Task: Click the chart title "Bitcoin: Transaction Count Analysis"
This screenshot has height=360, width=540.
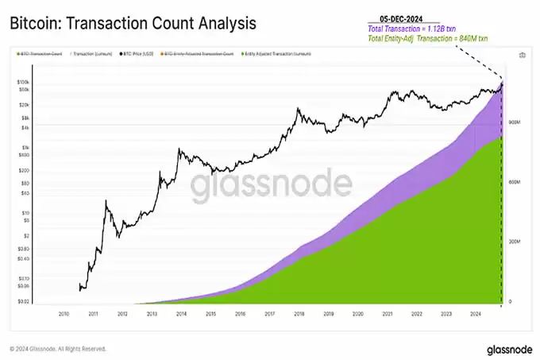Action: click(x=132, y=23)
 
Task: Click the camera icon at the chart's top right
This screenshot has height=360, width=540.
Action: click(x=522, y=55)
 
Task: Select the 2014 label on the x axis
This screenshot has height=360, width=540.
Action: click(x=181, y=313)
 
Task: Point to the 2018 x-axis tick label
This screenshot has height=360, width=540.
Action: click(x=299, y=313)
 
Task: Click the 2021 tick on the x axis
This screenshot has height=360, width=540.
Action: click(x=387, y=313)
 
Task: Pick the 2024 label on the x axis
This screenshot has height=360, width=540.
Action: click(x=474, y=313)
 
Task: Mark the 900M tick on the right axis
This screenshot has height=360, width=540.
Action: click(x=515, y=122)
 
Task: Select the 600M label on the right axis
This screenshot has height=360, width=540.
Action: click(x=515, y=182)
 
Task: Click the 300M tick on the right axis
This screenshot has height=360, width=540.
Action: click(x=515, y=242)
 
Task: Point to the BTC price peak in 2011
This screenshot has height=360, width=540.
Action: click(x=107, y=202)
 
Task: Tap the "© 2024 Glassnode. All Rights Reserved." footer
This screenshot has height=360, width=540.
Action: click(x=57, y=349)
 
